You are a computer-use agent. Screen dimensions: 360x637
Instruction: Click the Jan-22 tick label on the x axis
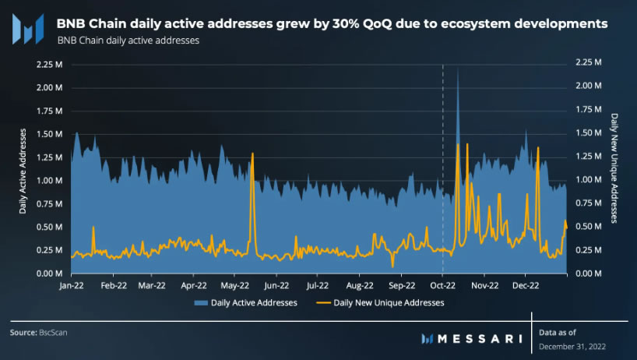pos(71,286)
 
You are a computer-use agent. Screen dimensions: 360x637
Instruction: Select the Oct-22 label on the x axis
pos(442,286)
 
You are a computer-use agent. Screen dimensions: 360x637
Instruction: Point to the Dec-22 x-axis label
pos(525,286)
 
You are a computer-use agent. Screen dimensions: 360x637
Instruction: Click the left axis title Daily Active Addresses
pos(23,168)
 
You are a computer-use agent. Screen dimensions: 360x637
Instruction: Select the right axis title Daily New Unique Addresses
pos(614,168)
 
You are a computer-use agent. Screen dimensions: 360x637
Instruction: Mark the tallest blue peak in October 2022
pos(458,69)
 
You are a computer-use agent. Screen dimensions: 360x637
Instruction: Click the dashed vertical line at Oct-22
pos(442,156)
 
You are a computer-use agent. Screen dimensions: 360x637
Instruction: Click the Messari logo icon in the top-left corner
pos(29,29)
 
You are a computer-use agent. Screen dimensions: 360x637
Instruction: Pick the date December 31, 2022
pos(572,346)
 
